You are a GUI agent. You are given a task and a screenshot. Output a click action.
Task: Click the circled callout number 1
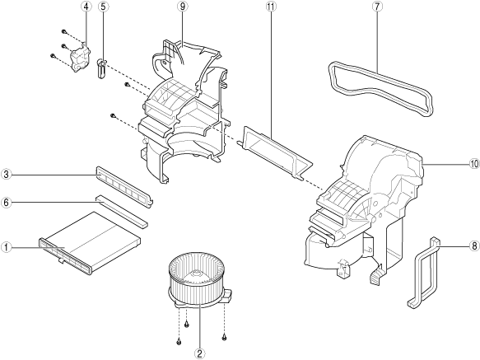pos(6,247)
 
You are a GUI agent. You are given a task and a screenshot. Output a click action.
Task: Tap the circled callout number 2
pos(199,354)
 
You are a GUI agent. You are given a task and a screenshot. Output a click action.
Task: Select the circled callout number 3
pos(6,175)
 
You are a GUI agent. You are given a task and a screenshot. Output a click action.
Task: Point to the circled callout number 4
pos(86,7)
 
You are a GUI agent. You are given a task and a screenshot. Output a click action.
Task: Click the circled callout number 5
pos(104,7)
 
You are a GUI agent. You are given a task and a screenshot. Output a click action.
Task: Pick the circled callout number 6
pos(6,202)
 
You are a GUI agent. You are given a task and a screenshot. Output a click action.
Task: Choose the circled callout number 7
pos(377,7)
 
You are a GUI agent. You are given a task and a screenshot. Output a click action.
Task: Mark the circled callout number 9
pos(183,7)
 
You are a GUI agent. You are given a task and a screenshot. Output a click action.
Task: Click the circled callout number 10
pos(474,164)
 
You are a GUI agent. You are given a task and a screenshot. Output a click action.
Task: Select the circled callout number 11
pos(271,7)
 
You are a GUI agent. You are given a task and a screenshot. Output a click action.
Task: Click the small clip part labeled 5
pos(101,68)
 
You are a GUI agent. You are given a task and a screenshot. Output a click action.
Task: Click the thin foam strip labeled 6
pos(122,211)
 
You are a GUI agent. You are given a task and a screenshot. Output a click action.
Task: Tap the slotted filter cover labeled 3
pos(124,187)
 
